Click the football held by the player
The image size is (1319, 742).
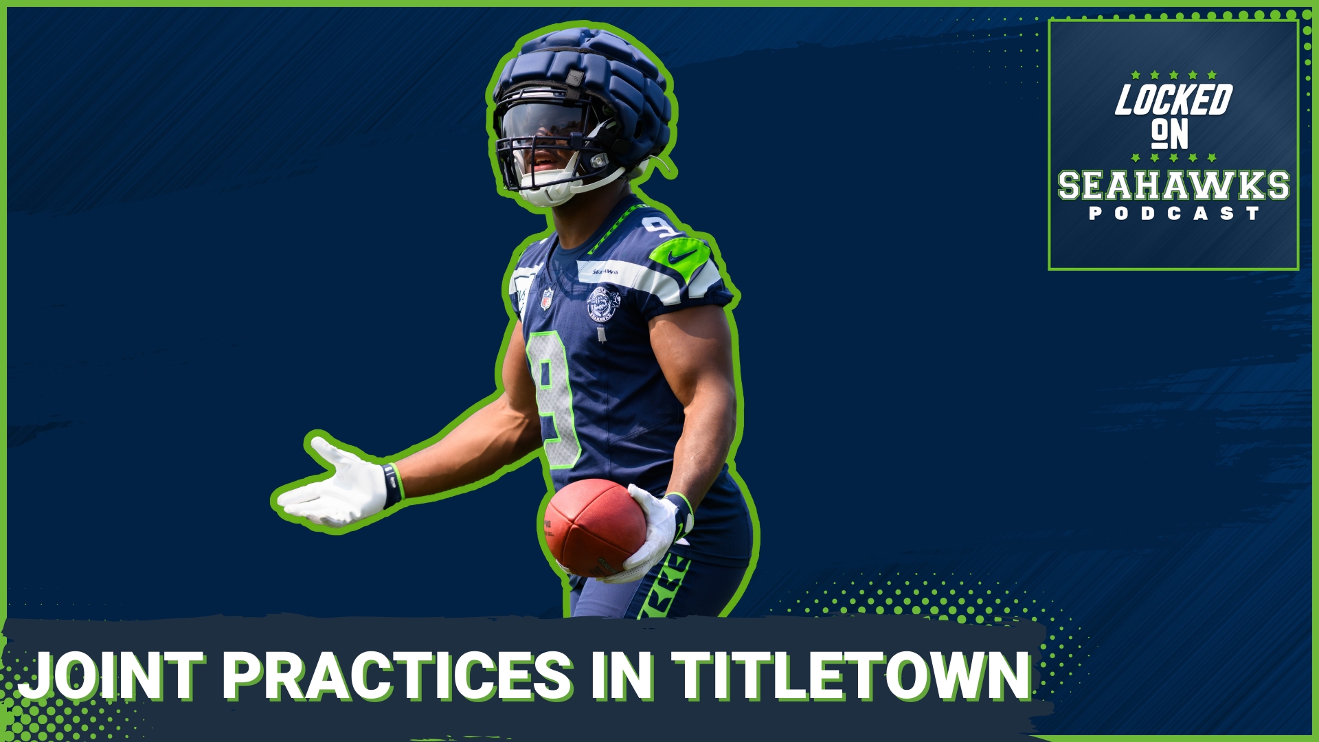click(x=592, y=527)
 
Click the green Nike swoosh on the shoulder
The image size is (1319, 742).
click(x=680, y=256)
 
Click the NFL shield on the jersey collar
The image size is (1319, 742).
click(x=547, y=299)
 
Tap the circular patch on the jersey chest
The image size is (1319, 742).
click(x=602, y=304)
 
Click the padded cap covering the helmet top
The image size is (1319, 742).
click(x=584, y=69)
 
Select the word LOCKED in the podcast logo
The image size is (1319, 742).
click(x=1173, y=100)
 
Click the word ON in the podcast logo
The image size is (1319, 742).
click(x=1169, y=135)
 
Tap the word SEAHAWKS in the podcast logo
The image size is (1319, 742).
click(x=1173, y=185)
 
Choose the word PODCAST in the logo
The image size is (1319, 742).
click(x=1173, y=214)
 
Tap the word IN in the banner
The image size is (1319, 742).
click(x=621, y=677)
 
